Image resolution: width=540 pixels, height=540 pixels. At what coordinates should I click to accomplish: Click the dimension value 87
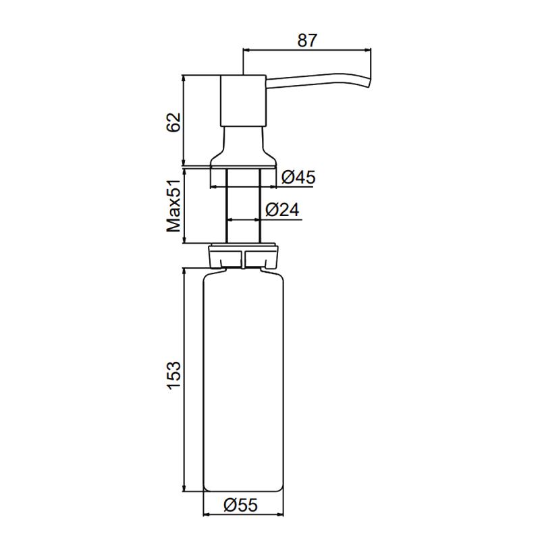[x=307, y=40]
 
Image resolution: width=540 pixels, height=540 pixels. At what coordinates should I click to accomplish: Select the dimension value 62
[x=173, y=122]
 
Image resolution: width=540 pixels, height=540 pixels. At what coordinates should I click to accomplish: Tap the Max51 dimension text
[x=173, y=205]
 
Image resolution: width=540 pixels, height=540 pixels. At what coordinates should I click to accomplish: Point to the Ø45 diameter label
[x=298, y=178]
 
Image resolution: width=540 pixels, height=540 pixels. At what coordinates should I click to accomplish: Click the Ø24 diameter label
[x=282, y=211]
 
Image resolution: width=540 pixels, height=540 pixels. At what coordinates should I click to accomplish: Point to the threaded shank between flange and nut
[x=243, y=202]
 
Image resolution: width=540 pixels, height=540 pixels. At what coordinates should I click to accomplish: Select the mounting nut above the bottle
[x=243, y=255]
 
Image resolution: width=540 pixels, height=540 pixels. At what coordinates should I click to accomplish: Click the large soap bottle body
[x=243, y=378]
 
